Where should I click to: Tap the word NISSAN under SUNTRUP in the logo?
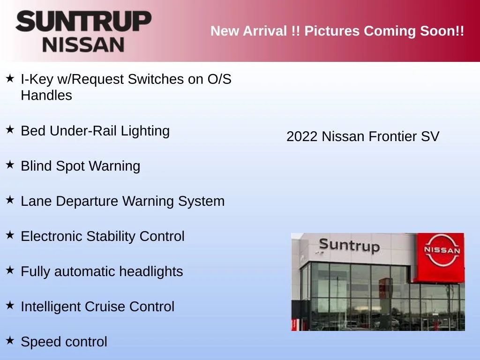click(83, 45)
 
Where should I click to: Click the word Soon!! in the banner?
click(442, 31)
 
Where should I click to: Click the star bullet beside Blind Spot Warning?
click(10, 165)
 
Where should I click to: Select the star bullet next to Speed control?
click(10, 340)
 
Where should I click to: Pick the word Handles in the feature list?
click(46, 95)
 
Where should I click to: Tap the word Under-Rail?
click(83, 131)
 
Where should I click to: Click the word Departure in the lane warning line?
click(87, 202)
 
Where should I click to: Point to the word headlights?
click(151, 271)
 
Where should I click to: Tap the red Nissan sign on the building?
click(440, 257)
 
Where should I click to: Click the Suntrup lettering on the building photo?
click(349, 246)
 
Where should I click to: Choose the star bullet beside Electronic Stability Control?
click(10, 235)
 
